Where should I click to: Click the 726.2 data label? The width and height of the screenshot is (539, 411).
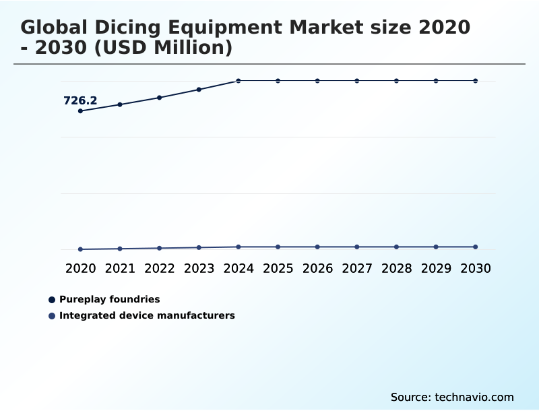tap(80, 101)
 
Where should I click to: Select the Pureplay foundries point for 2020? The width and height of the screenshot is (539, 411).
tap(80, 111)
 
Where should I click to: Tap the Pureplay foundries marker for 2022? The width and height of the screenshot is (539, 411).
tap(160, 98)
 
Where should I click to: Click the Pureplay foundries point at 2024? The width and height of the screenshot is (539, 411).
tap(239, 81)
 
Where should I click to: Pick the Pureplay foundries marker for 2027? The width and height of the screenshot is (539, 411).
tap(357, 81)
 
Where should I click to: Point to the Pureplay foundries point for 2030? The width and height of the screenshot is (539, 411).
tap(476, 81)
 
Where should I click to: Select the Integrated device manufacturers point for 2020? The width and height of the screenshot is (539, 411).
tap(80, 249)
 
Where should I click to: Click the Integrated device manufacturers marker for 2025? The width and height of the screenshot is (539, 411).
tap(278, 247)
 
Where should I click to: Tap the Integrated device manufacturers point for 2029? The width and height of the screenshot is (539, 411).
tap(436, 247)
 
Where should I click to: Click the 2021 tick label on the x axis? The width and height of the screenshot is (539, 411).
tap(120, 269)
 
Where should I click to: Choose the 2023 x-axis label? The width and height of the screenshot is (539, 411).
tap(199, 269)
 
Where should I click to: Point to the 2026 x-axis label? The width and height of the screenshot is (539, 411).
tap(317, 269)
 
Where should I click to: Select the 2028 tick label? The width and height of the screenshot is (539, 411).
tap(396, 269)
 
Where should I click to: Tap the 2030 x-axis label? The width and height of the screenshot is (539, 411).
tap(476, 269)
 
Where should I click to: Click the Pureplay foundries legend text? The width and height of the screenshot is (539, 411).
tap(109, 299)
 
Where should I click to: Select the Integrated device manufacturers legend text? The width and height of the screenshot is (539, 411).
tap(147, 315)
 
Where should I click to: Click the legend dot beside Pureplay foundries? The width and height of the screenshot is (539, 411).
tap(52, 300)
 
